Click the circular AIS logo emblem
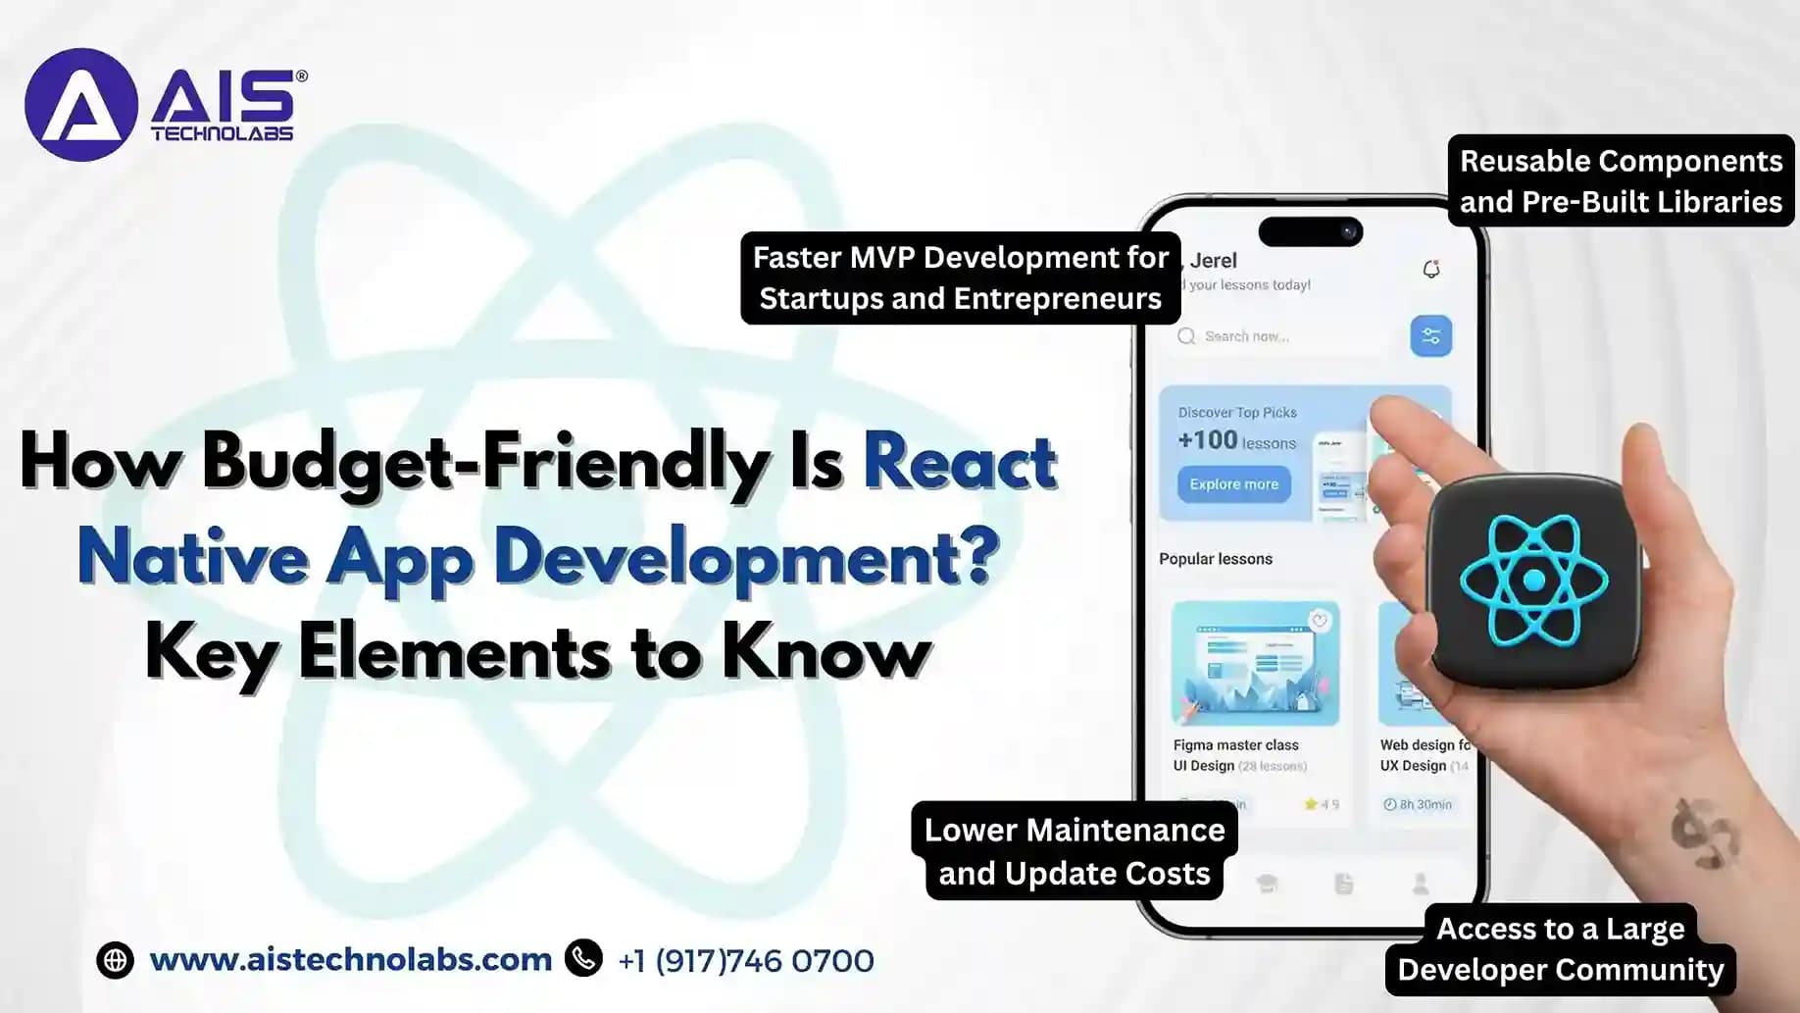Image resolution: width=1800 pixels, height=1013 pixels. coord(80,105)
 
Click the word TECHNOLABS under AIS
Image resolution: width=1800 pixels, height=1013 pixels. coord(223,133)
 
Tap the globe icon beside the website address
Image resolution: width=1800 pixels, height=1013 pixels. coord(115,960)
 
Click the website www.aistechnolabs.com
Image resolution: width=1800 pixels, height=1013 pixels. coord(351,959)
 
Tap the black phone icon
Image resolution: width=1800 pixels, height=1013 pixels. coord(584,958)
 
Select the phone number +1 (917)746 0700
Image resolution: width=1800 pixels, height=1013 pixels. coord(746,961)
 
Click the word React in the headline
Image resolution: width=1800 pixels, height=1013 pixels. coord(960,461)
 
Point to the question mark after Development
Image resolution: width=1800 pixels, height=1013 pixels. coord(976,555)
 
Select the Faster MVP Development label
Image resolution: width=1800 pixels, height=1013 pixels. coord(960,278)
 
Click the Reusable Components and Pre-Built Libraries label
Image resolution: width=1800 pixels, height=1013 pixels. coord(1621,180)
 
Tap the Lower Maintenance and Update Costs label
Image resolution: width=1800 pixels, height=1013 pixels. coord(1075,851)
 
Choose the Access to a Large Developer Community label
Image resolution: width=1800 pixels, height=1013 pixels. coord(1560,948)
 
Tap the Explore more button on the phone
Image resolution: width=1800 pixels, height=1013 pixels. coord(1233,484)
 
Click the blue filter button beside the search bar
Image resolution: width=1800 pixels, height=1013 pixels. coord(1430,336)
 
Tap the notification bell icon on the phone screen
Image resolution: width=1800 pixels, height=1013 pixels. coord(1431,269)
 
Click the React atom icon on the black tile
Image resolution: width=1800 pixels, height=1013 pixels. coord(1534,581)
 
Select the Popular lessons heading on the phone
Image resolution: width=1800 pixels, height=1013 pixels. coord(1216,559)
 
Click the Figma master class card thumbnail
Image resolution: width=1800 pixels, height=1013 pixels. coord(1255,663)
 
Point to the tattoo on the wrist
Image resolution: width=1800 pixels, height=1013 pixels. coord(1703,835)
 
